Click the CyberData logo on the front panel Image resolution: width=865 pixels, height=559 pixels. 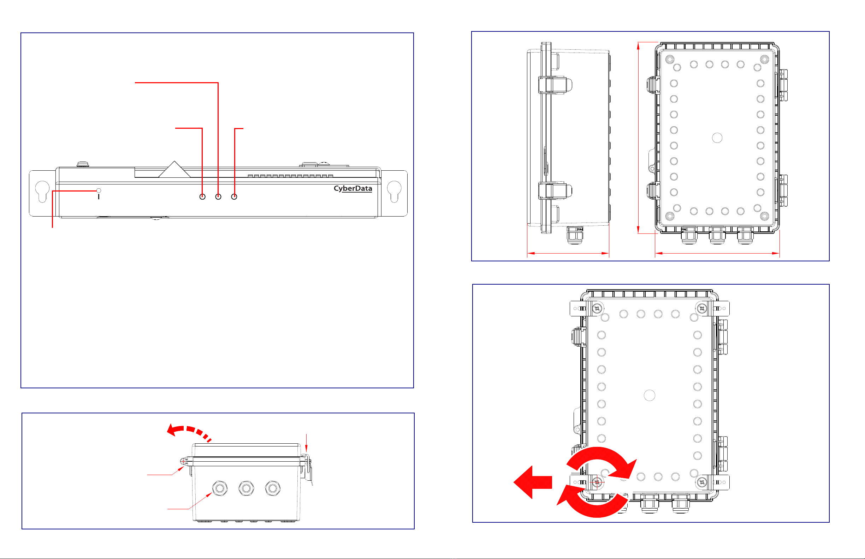(x=352, y=188)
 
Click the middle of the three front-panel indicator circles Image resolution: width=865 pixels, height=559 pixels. (x=218, y=196)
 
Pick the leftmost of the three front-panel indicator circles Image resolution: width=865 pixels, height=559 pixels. (x=202, y=196)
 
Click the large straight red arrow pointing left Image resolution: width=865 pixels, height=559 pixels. (x=532, y=482)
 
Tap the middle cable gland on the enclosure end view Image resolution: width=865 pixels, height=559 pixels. (x=247, y=488)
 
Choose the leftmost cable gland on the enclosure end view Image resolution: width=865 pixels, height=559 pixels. (x=220, y=488)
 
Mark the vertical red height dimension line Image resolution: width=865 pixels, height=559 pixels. (x=639, y=138)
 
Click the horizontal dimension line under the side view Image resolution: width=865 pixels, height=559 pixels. (x=568, y=253)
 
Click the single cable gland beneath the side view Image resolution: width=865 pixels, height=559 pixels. (x=575, y=235)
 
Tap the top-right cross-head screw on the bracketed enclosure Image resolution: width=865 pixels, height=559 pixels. (x=702, y=309)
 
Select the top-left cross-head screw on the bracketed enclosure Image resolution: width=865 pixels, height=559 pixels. (x=597, y=309)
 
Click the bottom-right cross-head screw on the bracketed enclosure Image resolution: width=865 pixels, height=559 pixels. (x=702, y=482)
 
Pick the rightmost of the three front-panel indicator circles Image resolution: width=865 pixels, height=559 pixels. (x=234, y=196)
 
